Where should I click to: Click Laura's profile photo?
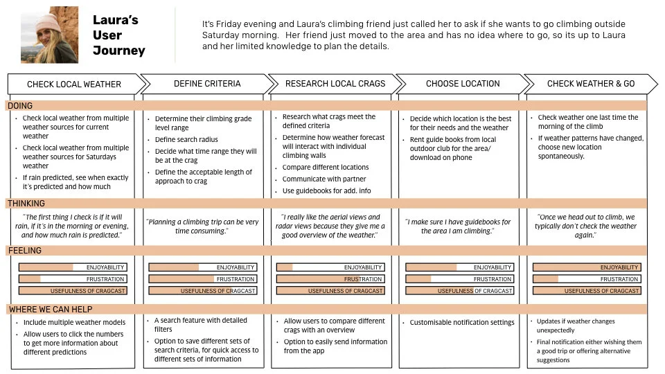point(49,35)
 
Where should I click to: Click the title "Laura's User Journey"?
point(118,35)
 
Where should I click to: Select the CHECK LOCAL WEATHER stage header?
point(74,84)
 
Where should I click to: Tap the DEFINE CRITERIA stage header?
point(207,84)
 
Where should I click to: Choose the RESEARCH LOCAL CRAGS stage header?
point(335,84)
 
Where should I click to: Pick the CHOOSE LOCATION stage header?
point(463,84)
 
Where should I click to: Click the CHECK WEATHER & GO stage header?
point(590,84)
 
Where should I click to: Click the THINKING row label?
point(26,204)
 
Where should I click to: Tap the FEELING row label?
point(24,251)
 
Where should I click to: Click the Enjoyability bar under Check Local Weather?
point(73,267)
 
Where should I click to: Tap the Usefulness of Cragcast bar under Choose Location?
point(459,291)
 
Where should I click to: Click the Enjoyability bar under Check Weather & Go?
point(587,267)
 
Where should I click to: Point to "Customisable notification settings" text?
point(462,322)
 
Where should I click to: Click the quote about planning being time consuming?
point(202,226)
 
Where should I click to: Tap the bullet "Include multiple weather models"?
point(75,322)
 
